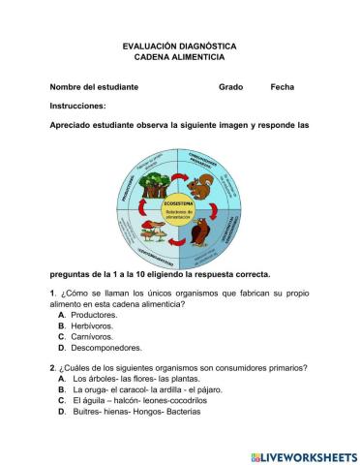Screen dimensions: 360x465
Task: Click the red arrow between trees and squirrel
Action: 180,174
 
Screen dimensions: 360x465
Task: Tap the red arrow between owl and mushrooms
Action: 179,243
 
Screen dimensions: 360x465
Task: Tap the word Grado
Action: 230,87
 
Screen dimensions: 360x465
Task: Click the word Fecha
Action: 283,87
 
